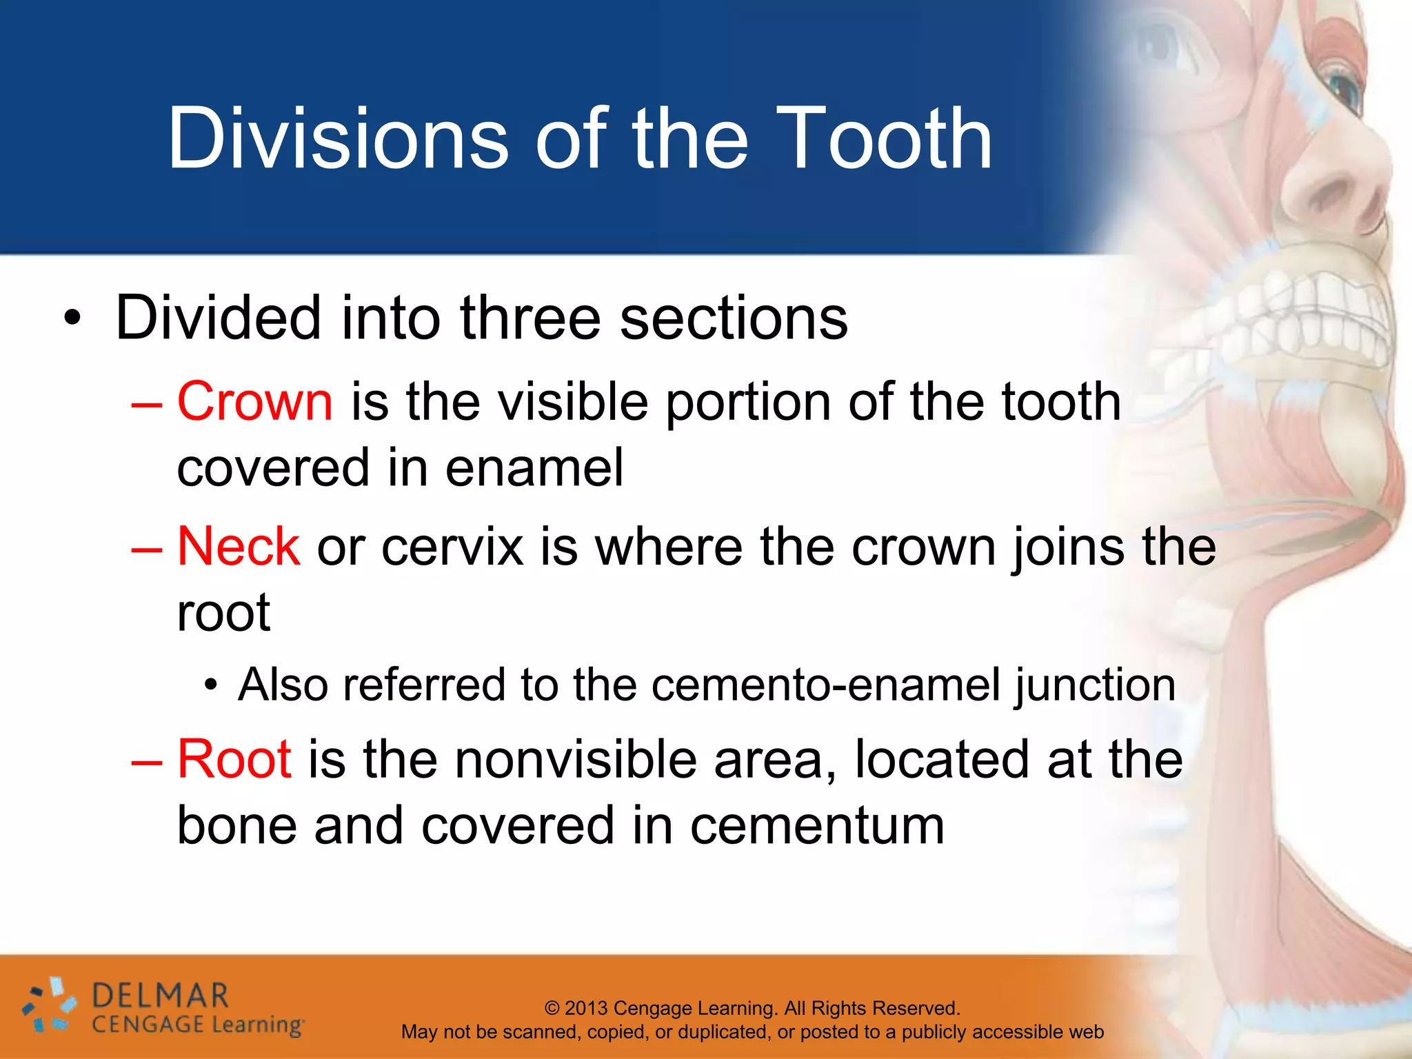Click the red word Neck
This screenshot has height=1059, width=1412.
click(x=239, y=547)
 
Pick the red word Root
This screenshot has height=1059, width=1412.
click(x=234, y=759)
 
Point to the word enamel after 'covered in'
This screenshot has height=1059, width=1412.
click(x=534, y=468)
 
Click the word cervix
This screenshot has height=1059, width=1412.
click(x=452, y=547)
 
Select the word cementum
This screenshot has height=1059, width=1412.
click(x=817, y=826)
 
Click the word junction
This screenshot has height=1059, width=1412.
click(x=1096, y=686)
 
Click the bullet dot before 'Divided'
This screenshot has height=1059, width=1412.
click(x=72, y=319)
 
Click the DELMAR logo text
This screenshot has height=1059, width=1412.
click(x=160, y=996)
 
